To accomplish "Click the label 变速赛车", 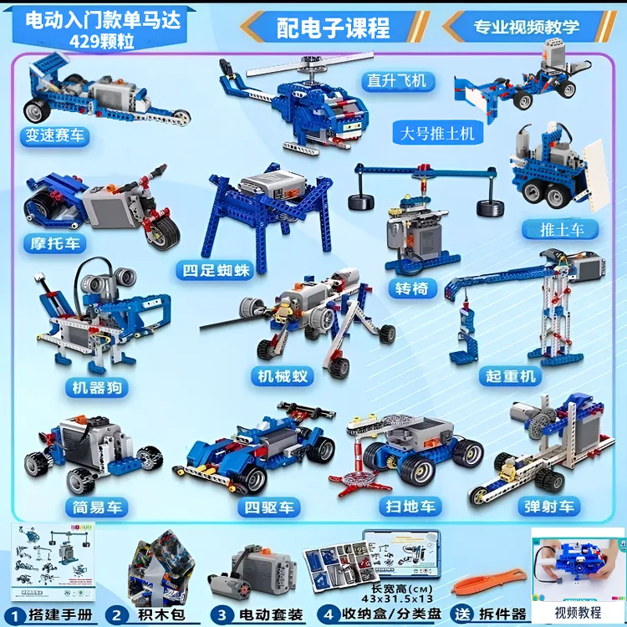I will point(55,135).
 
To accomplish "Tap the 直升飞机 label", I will point(397,80).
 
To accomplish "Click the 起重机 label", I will point(511,376).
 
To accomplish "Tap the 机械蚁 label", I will point(282,376).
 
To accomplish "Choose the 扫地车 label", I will point(410,507).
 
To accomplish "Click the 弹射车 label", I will point(548,507).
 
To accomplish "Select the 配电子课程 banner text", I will point(334,28).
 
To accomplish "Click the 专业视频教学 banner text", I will point(527,27).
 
